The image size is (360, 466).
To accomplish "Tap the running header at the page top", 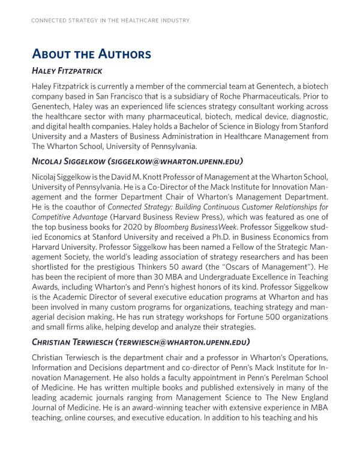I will pos(110,20).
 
